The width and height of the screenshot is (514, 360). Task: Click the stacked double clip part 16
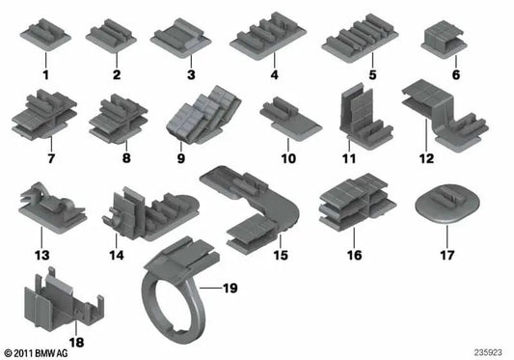coord(355,201)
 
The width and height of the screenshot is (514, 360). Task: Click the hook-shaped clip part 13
coord(47,202)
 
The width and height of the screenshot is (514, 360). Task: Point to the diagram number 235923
coord(488,353)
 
